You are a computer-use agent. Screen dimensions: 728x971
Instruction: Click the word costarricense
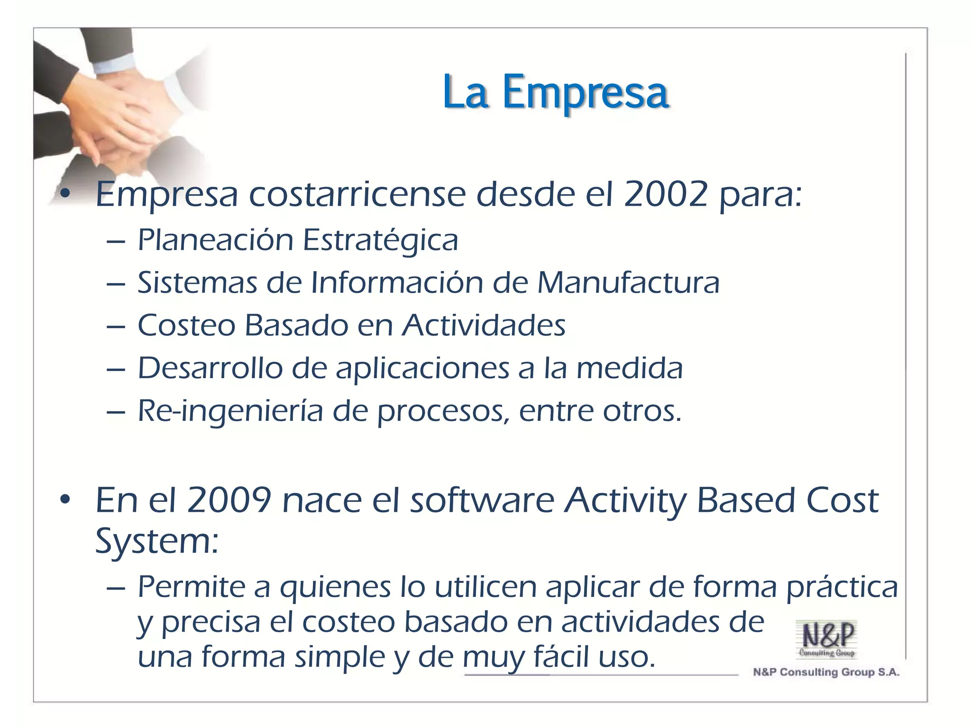pyautogui.click(x=357, y=194)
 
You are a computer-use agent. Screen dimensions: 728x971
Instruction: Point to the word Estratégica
pyautogui.click(x=380, y=240)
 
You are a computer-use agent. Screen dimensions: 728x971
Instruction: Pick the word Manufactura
pyautogui.click(x=628, y=282)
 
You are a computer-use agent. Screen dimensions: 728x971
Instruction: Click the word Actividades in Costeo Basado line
pyautogui.click(x=484, y=325)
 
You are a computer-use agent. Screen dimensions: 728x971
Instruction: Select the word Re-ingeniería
pyautogui.click(x=230, y=411)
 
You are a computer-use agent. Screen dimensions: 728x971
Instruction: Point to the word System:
pyautogui.click(x=157, y=541)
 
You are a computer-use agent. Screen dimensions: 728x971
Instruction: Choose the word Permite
pyautogui.click(x=191, y=587)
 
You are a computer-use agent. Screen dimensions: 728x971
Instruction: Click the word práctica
pyautogui.click(x=842, y=588)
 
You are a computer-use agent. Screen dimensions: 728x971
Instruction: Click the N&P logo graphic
pyautogui.click(x=827, y=639)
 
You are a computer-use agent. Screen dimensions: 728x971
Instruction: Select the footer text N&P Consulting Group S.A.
pyautogui.click(x=826, y=672)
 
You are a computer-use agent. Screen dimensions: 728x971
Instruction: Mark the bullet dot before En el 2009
pyautogui.click(x=65, y=500)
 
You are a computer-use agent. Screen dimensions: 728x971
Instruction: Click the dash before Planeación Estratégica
pyautogui.click(x=116, y=241)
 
